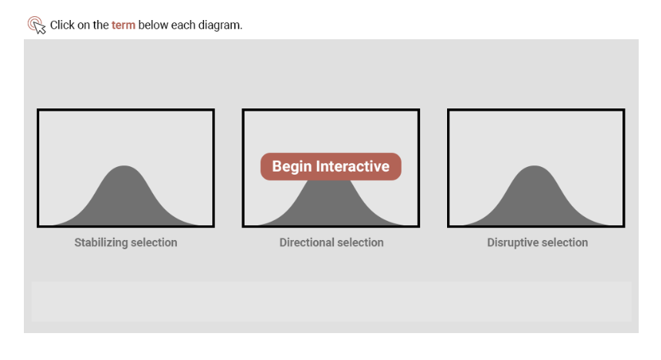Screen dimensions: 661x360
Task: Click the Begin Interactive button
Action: click(331, 166)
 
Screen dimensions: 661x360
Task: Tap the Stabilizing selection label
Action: click(125, 243)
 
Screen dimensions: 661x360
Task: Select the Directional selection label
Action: click(332, 243)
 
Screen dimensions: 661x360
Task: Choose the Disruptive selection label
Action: click(537, 243)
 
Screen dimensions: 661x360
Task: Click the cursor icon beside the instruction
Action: click(36, 25)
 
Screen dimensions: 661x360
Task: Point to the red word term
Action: click(124, 25)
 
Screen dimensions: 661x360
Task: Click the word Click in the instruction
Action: click(62, 25)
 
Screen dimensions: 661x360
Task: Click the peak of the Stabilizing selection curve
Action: click(124, 165)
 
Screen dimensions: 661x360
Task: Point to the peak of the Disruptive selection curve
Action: click(534, 165)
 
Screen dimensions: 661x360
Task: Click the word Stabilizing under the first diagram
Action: click(101, 243)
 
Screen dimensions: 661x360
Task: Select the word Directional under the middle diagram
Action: click(305, 243)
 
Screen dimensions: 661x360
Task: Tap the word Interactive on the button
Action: click(352, 166)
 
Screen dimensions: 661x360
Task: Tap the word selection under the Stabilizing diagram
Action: click(154, 243)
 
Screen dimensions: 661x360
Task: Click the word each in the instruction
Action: click(183, 25)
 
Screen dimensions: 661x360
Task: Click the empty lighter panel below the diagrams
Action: click(332, 302)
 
